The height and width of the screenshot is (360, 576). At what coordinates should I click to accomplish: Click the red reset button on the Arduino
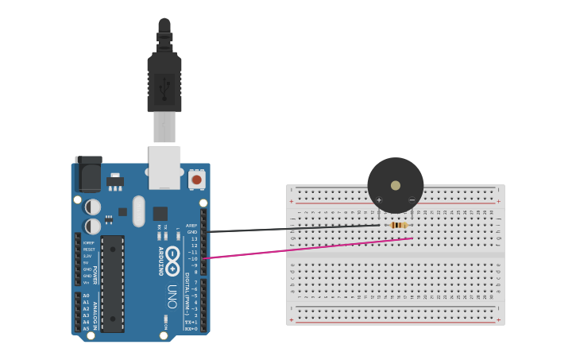196,180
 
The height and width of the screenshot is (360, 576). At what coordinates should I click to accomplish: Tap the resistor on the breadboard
398,225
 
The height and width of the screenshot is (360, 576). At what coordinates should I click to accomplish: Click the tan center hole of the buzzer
396,185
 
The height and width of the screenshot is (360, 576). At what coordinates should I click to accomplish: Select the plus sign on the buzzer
379,199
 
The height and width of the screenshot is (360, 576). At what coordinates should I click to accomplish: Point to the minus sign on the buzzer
412,199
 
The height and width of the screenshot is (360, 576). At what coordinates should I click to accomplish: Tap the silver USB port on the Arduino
164,166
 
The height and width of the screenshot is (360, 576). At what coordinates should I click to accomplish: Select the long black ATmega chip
113,283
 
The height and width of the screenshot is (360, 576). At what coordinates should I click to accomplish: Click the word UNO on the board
171,296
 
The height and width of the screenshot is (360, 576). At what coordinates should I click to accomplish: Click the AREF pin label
191,225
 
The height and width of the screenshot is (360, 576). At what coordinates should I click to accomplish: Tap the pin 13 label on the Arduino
194,238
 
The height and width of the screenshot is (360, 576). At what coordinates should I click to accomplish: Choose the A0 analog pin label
86,296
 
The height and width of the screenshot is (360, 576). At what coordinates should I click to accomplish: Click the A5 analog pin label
86,328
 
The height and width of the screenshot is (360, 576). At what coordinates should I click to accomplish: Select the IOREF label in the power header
88,242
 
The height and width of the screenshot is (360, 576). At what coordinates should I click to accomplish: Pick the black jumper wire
294,229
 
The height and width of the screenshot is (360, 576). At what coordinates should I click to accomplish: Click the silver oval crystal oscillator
139,211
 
